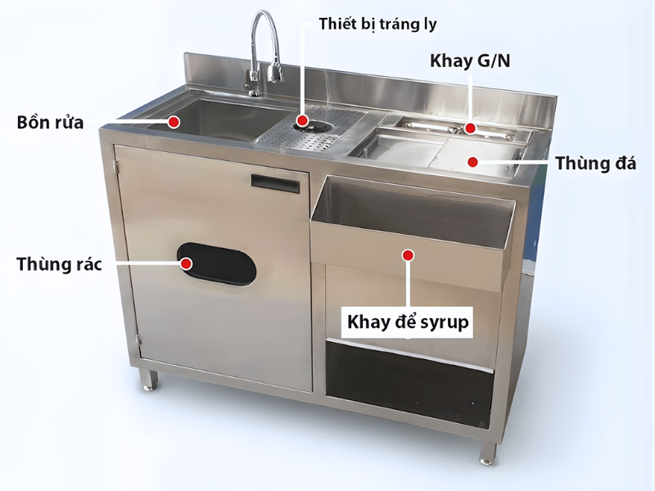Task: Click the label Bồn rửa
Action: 50,124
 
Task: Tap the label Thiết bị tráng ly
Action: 378,24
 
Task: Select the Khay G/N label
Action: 469,61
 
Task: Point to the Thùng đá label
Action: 595,163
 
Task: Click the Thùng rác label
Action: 58,264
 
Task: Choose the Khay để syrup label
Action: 408,322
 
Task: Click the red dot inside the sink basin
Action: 174,122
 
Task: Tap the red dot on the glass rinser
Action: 301,121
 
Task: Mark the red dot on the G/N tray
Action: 471,128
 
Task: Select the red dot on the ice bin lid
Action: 472,161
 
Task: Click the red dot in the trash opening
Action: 186,264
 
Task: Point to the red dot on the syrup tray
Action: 408,255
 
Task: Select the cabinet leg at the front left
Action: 148,380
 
